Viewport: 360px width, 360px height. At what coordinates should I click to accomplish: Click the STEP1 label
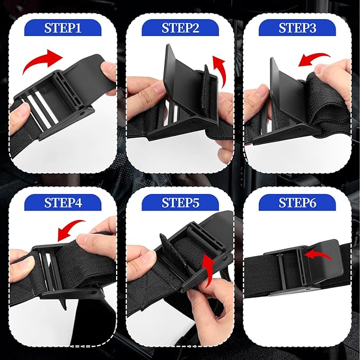pos(63,28)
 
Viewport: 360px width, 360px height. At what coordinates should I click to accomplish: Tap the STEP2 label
pos(180,28)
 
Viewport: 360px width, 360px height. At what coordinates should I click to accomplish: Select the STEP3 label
pos(297,28)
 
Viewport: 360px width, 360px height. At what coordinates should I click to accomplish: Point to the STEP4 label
pos(63,203)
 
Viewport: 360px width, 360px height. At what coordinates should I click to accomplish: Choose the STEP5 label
pos(180,203)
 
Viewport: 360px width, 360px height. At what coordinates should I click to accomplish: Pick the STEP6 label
pos(297,203)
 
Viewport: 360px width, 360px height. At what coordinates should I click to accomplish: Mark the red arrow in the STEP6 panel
pos(318,254)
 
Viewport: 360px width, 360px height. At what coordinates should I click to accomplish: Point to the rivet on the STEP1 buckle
pos(82,113)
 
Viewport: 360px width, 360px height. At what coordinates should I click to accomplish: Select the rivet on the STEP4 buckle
pos(93,293)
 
